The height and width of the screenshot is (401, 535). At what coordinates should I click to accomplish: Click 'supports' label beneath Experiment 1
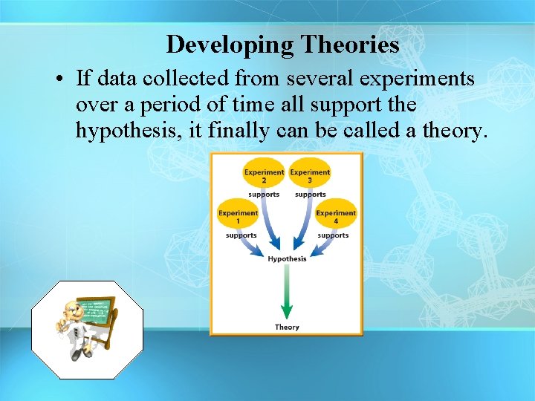click(x=241, y=235)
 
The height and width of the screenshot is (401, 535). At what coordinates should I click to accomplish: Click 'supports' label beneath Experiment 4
click(x=333, y=235)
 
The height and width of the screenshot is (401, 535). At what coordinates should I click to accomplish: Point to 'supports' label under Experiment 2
click(x=264, y=195)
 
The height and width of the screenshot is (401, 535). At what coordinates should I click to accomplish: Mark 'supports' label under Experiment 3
click(x=310, y=195)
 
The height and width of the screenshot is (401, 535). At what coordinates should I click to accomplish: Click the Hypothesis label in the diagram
click(x=287, y=258)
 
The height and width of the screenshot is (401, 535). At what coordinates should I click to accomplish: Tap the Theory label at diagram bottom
click(x=287, y=327)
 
